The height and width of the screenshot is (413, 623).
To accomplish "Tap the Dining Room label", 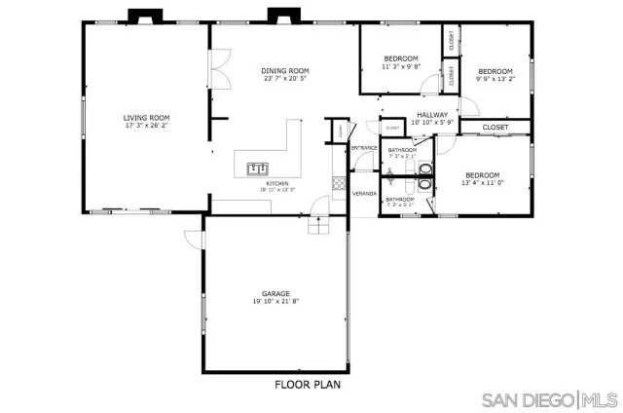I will pos(284,70).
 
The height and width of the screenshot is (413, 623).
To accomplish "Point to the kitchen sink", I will pos(257,167).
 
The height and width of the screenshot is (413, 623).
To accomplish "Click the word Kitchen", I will pos(277,183).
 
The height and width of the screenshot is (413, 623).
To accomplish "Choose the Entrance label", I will pos(364,147).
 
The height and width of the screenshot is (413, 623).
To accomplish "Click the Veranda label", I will pos(364,193).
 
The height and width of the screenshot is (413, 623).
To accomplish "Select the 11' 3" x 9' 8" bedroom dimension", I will pos(399,67).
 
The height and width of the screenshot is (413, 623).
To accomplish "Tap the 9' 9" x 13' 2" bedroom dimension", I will pos(495,79).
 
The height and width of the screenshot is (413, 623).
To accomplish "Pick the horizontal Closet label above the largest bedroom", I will pos(495,127).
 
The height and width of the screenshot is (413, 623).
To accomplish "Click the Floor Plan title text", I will pos(306,383).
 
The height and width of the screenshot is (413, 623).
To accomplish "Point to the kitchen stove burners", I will pos(339,180).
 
